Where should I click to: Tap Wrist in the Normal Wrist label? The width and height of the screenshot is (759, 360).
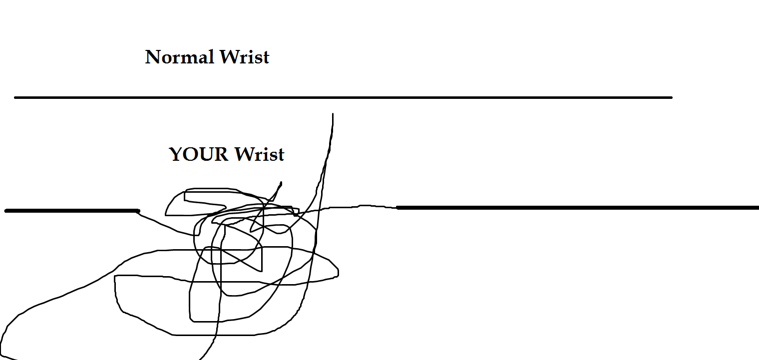(x=244, y=57)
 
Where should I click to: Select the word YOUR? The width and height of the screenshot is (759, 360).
(x=199, y=154)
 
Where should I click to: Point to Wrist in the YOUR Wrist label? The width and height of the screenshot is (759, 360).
(x=260, y=154)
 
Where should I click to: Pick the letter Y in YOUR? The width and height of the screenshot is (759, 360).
(x=176, y=154)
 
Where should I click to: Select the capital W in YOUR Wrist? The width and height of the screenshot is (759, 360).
(x=245, y=154)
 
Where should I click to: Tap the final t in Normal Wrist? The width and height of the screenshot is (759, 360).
(x=266, y=58)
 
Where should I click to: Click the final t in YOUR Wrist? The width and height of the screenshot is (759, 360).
(x=281, y=155)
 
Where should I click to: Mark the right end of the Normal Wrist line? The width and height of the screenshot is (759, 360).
(x=671, y=97)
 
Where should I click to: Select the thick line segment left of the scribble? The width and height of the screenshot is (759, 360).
(x=72, y=211)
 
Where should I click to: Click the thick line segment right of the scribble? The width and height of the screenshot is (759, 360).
(x=574, y=207)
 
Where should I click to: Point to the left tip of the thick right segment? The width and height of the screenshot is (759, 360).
(x=398, y=207)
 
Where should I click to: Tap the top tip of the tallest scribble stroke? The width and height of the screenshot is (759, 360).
(x=333, y=114)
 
